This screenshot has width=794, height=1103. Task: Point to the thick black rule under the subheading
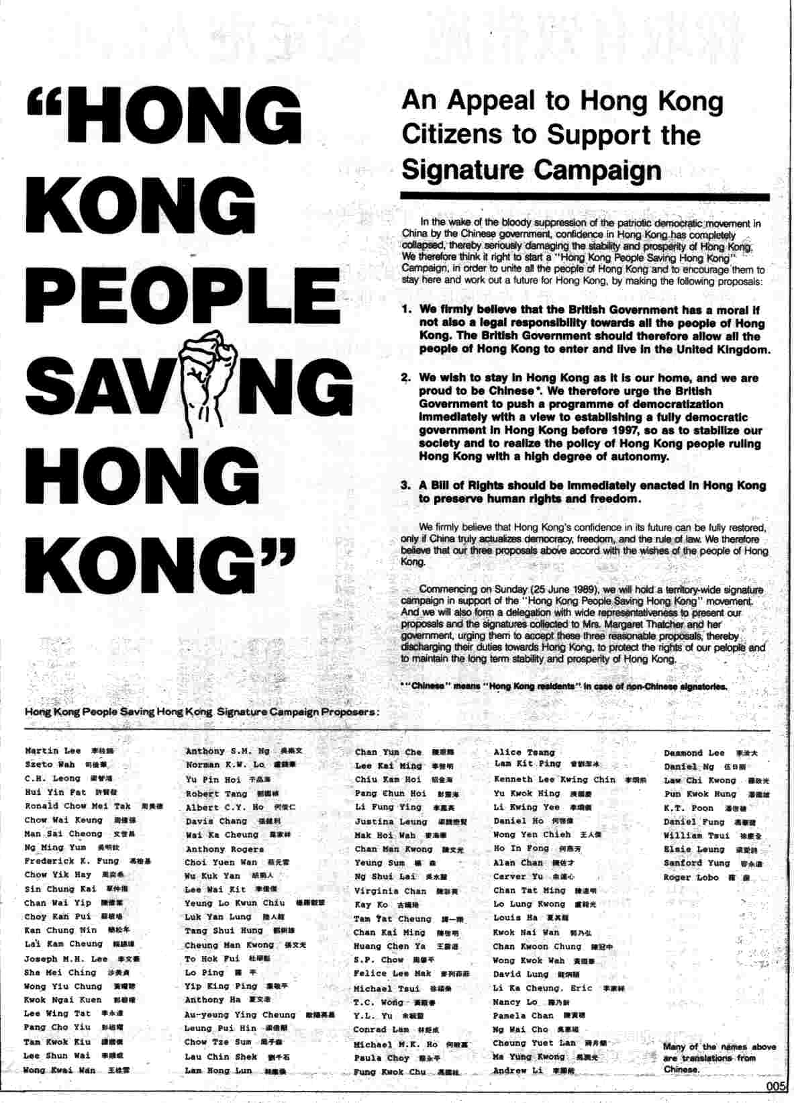pos(585,197)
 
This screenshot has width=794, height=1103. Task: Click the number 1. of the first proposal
pos(407,310)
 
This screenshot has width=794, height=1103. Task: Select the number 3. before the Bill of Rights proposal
pos(406,485)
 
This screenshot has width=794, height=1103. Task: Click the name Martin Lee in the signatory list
pos(52,751)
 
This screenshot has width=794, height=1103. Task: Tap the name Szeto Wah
pos(50,765)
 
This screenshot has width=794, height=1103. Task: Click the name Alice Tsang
pos(524,753)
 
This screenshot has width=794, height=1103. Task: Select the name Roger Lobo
pos(691,877)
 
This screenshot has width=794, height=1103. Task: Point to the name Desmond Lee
pos(694,753)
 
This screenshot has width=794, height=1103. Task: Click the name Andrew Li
pos(517,1070)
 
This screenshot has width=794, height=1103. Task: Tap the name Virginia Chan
pos(390,891)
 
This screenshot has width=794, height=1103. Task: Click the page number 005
pos(777,1086)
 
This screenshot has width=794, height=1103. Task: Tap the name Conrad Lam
pos(381,1029)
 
